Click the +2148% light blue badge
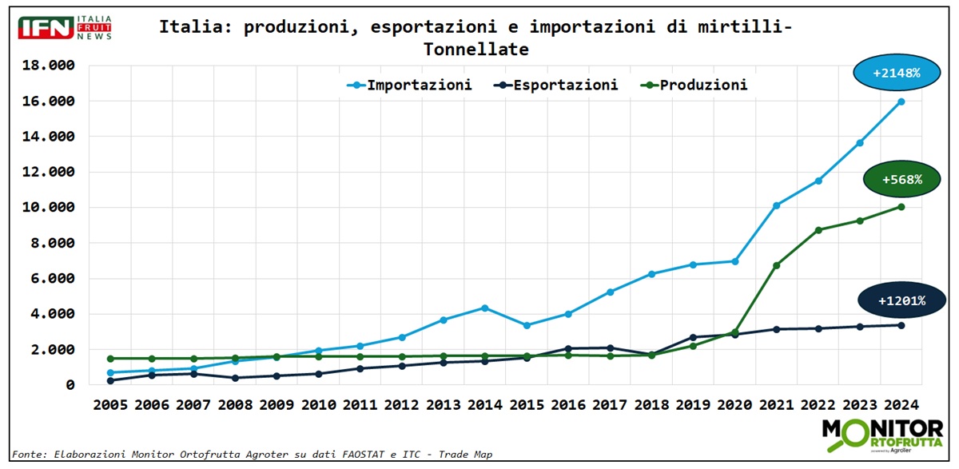tap(896, 73)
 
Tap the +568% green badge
tap(901, 180)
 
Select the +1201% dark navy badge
tap(901, 300)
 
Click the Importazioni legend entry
tap(408, 85)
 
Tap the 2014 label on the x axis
tap(484, 404)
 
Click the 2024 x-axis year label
tap(901, 404)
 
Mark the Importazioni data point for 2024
tap(901, 101)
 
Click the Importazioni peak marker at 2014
tap(484, 308)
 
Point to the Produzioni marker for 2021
tap(776, 265)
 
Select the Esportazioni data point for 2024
tap(901, 325)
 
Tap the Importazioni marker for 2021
tap(776, 205)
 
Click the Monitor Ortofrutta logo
tap(882, 436)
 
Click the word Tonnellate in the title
tap(476, 49)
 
